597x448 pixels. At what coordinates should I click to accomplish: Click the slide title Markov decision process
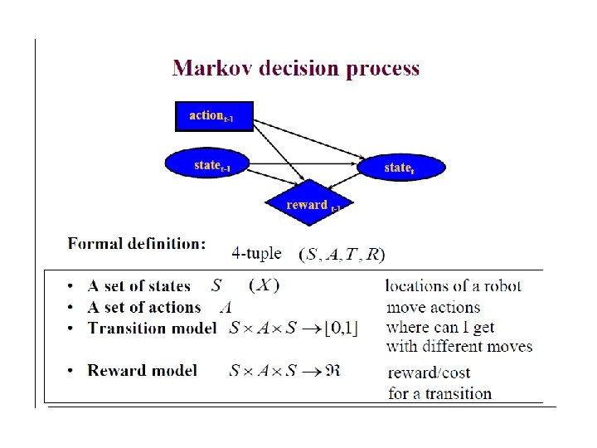point(295,68)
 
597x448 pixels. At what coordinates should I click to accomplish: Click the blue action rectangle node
point(214,116)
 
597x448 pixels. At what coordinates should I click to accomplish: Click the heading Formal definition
point(137,244)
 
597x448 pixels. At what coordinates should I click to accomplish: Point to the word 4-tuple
point(256,252)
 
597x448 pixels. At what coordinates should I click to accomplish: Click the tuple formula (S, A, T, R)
point(342,254)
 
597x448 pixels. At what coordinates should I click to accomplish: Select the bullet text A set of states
point(139,286)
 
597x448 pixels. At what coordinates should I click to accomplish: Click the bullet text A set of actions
point(144,307)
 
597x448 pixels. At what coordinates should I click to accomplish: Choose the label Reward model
point(143,370)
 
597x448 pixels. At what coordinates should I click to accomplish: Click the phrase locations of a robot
point(454,286)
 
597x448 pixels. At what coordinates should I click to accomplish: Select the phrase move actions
point(433,308)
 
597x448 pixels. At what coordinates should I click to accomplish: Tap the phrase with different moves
point(459,346)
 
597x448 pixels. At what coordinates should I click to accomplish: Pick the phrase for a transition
point(439,393)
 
